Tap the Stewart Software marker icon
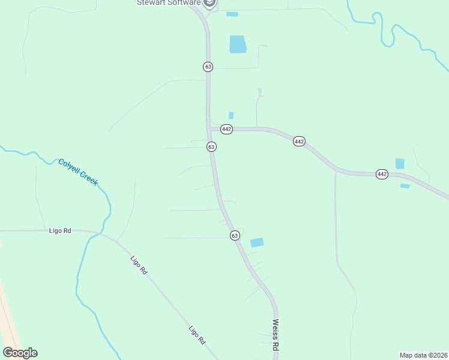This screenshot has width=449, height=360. click(209, 4)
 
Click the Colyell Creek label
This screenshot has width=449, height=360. click(78, 172)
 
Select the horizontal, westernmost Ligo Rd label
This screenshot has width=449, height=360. click(59, 230)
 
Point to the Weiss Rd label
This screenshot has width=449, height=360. click(276, 335)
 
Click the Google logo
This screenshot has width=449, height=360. click(20, 353)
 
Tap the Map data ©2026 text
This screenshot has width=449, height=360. click(423, 355)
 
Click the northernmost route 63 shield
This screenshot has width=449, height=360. click(208, 67)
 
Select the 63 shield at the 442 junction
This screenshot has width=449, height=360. click(211, 146)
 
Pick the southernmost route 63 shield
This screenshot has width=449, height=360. click(235, 236)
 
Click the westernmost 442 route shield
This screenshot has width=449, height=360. click(226, 129)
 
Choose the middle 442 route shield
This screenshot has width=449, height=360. click(300, 142)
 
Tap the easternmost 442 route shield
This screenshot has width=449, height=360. click(382, 174)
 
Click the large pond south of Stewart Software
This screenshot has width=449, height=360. click(238, 44)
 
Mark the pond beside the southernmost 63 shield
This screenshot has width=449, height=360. click(257, 242)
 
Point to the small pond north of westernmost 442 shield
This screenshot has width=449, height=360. click(231, 115)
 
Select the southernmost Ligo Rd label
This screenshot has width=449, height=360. click(197, 335)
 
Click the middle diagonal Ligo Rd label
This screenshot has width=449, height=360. click(139, 265)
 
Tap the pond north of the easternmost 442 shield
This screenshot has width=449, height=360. click(400, 163)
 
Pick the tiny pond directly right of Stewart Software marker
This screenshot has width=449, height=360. click(232, 14)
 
